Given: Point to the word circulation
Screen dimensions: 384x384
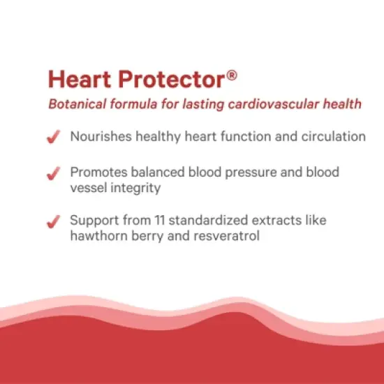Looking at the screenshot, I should (x=332, y=137).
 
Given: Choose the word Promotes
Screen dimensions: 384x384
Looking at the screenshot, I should (x=98, y=172).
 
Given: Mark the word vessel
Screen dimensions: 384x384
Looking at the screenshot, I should (x=87, y=188).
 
